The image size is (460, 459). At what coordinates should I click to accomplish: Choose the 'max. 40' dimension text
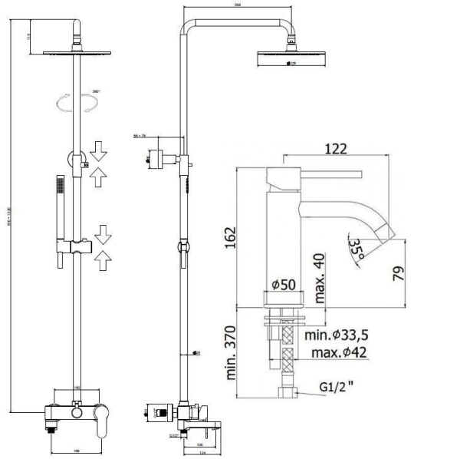[317, 268]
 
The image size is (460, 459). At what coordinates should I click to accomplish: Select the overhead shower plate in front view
[77, 54]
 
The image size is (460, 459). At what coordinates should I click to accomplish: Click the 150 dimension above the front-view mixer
[77, 387]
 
